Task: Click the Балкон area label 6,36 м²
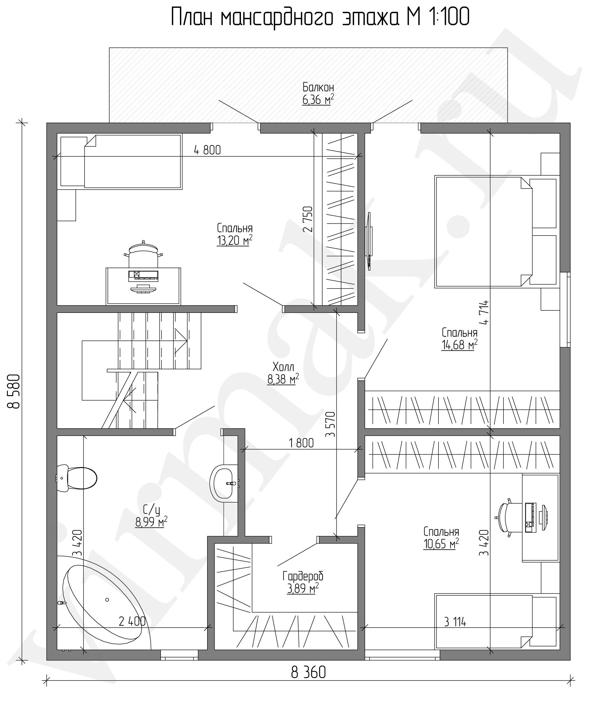tap(318, 99)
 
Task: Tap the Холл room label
tap(283, 366)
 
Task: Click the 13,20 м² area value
tap(235, 241)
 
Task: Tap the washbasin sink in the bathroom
tap(223, 484)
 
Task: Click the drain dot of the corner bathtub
tap(107, 599)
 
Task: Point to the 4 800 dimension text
tap(207, 150)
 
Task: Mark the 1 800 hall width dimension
tap(301, 443)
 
